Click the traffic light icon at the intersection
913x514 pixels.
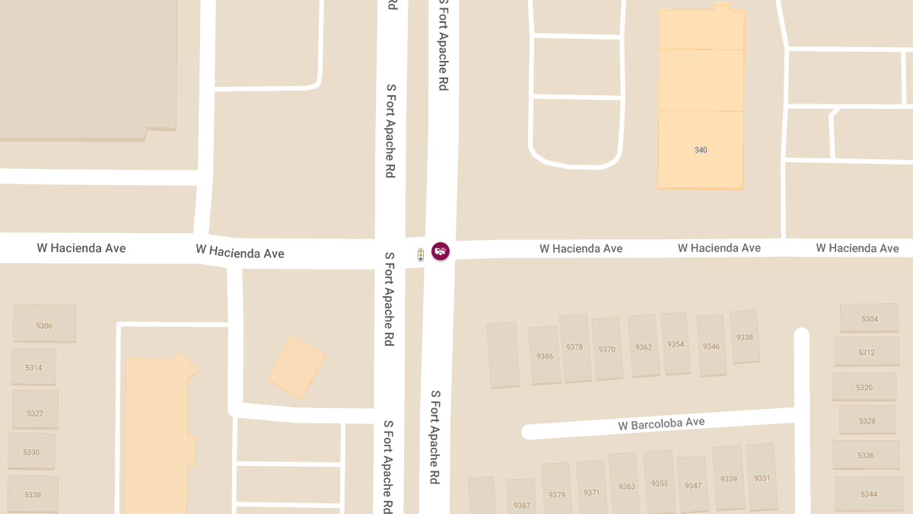[421, 255]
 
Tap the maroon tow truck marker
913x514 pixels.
[441, 251]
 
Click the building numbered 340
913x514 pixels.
[701, 150]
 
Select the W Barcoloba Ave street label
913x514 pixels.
[661, 423]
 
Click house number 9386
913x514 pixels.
[545, 356]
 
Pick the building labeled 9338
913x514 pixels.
[745, 337]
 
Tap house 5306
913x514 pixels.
[44, 325]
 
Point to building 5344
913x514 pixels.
[869, 494]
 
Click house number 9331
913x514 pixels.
[762, 478]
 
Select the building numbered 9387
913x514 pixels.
[522, 505]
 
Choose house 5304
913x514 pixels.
[869, 319]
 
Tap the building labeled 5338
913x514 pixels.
[33, 495]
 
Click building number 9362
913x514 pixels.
[644, 347]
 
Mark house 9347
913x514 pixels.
[692, 485]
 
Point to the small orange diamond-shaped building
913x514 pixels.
[296, 367]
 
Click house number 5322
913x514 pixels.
[35, 413]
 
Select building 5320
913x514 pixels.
[864, 388]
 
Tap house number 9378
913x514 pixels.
[574, 347]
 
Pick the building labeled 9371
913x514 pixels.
[591, 492]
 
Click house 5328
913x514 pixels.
[867, 421]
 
